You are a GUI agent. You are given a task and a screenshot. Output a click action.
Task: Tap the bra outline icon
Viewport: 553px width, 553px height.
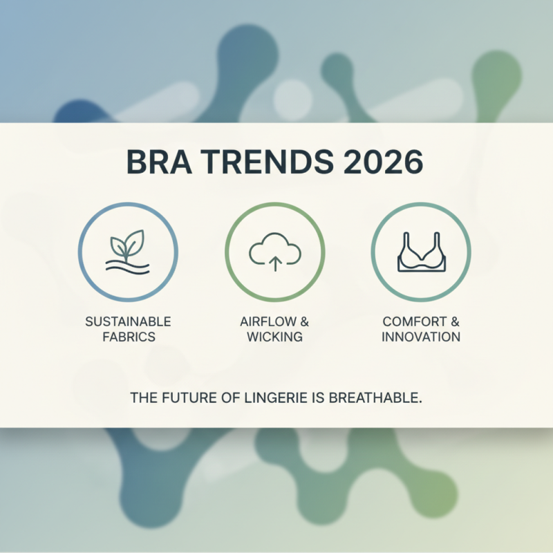tap(421, 253)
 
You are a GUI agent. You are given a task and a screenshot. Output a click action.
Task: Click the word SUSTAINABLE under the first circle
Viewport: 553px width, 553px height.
tap(128, 322)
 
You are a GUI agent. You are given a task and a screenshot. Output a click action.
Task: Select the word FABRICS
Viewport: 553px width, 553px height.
tap(128, 337)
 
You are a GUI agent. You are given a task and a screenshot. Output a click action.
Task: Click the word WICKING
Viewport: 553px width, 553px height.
tap(275, 337)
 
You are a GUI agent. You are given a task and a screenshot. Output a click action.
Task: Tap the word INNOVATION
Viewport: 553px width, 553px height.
tap(421, 337)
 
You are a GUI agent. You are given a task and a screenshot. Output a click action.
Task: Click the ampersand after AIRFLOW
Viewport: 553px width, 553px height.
tap(304, 322)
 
